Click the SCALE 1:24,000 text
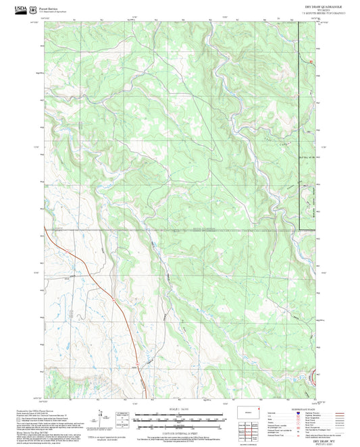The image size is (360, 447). click(180, 409)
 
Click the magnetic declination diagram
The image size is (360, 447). click(102, 417)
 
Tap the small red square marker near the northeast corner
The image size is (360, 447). click(310, 63)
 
